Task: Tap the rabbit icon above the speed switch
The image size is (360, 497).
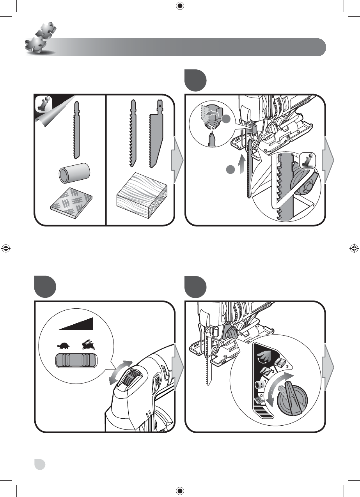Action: (87, 345)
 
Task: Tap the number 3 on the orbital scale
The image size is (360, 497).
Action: (287, 366)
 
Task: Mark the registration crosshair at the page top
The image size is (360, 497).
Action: (180, 5)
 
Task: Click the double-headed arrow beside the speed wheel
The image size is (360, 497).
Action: (121, 372)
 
